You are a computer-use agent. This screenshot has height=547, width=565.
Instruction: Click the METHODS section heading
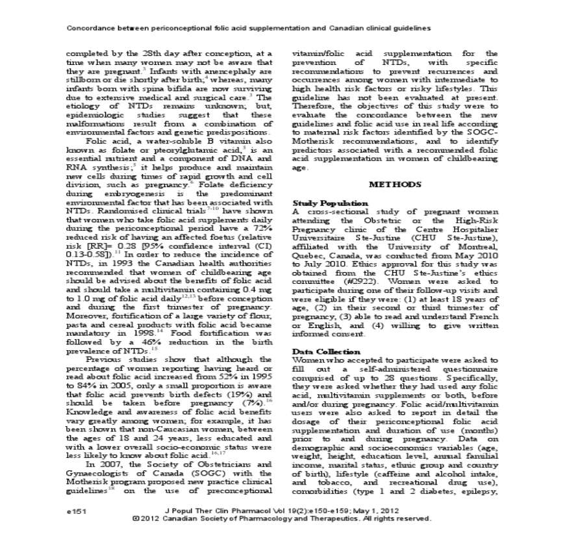coord(395,184)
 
